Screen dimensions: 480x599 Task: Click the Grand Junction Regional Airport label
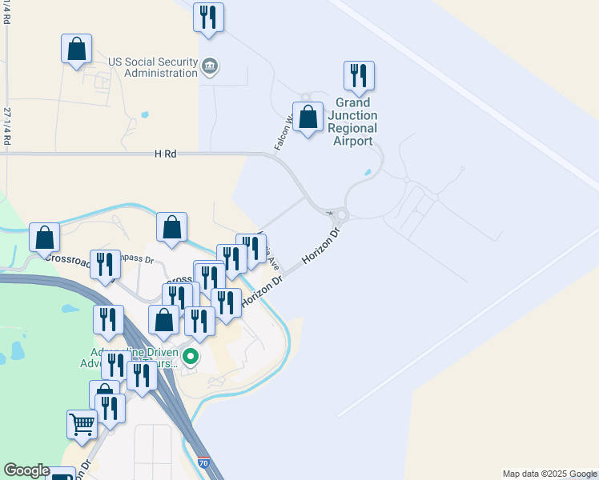coord(352,122)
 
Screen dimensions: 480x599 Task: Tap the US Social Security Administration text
coord(153,67)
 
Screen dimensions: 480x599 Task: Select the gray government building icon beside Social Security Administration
coord(210,66)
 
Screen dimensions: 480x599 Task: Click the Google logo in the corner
coord(26,471)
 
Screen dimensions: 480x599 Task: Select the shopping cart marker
coord(81,425)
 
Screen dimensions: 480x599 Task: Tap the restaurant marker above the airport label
coord(359,76)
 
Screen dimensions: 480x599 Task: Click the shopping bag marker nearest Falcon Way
coord(308,118)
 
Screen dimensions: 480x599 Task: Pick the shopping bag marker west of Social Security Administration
coord(76,49)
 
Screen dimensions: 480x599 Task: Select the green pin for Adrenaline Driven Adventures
coord(191,355)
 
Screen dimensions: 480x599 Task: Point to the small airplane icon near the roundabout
coord(330,213)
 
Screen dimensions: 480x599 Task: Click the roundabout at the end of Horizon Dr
coord(343,214)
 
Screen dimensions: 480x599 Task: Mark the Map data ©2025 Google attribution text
coord(549,474)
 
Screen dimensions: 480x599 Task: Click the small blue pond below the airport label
coord(368,172)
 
